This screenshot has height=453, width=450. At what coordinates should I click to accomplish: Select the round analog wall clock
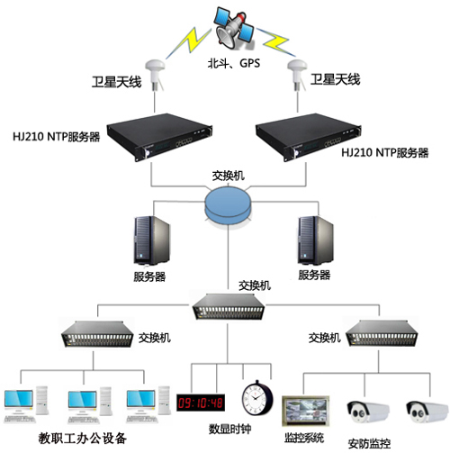[256, 397]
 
